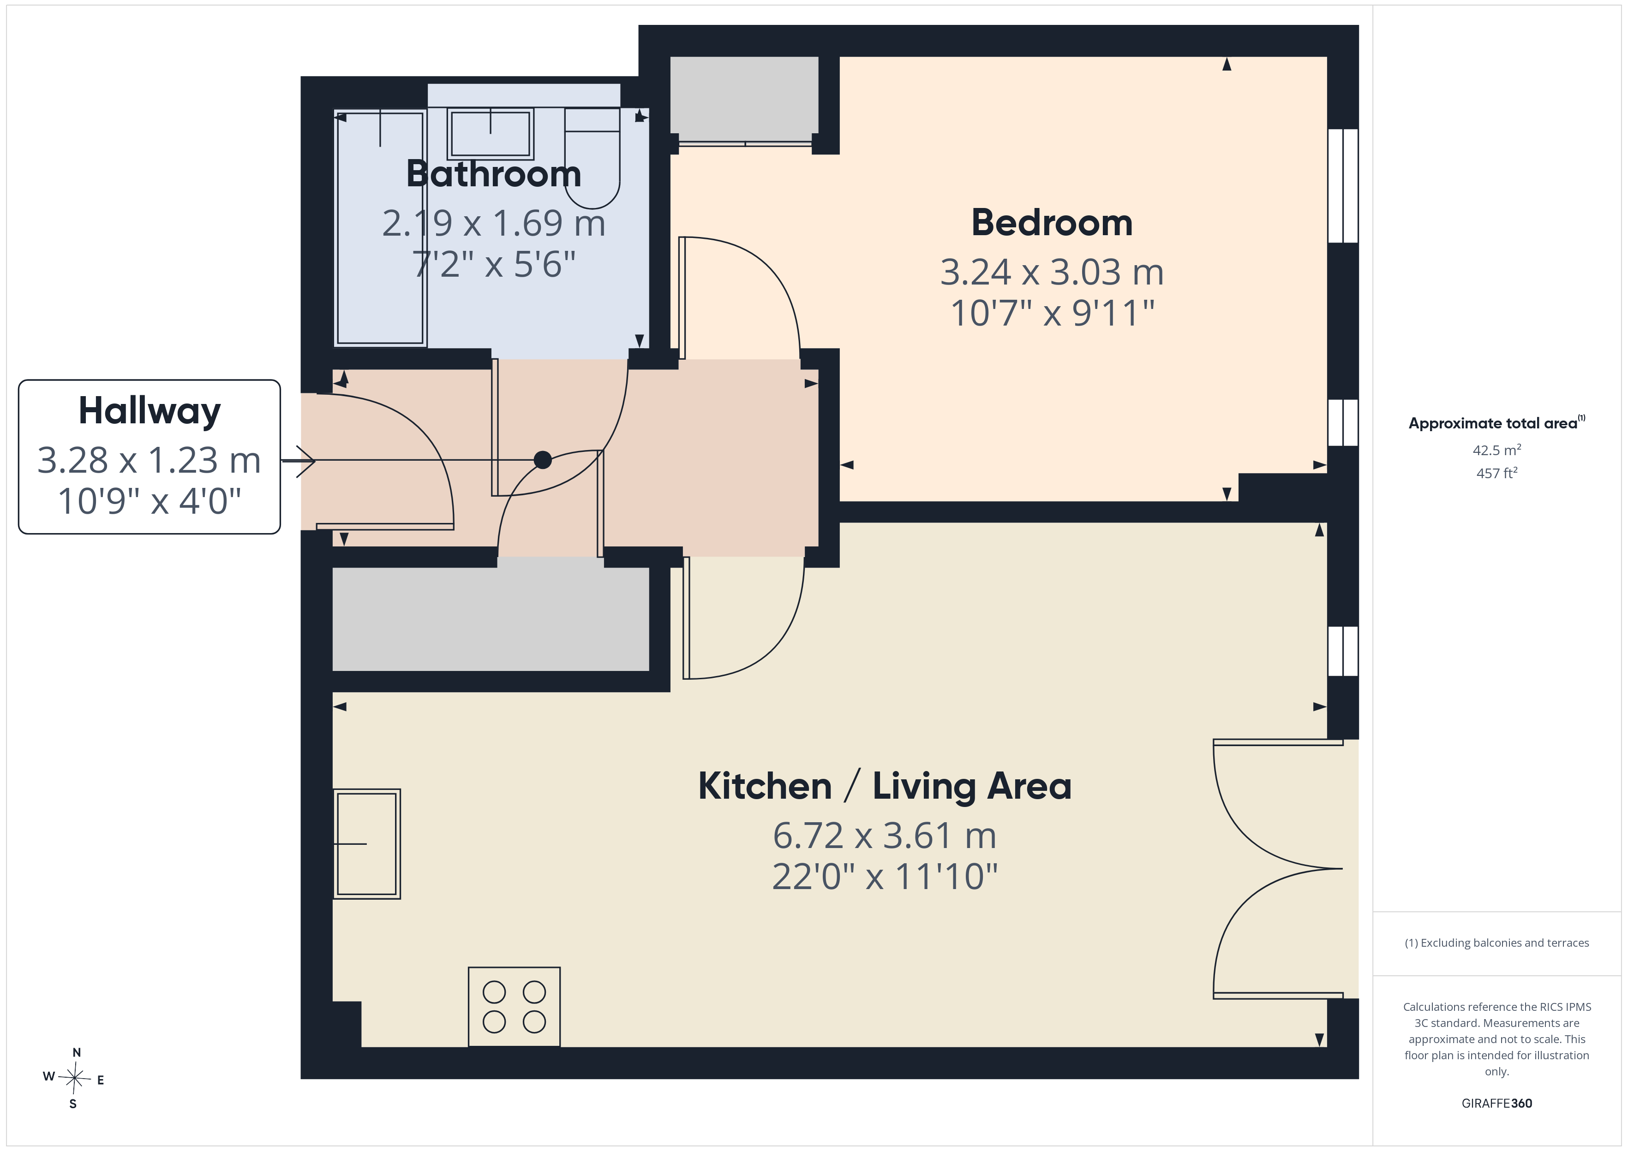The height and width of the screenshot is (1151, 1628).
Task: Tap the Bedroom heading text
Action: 1052,223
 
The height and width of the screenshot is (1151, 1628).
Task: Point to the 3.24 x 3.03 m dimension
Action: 1052,272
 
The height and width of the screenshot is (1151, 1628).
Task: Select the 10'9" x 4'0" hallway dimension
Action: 150,501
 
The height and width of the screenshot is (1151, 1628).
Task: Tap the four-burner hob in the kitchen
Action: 514,1006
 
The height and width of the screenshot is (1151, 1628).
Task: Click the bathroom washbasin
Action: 490,134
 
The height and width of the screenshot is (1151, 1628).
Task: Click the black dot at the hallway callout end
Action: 542,460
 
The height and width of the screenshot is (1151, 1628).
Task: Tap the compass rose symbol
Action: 74,1078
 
